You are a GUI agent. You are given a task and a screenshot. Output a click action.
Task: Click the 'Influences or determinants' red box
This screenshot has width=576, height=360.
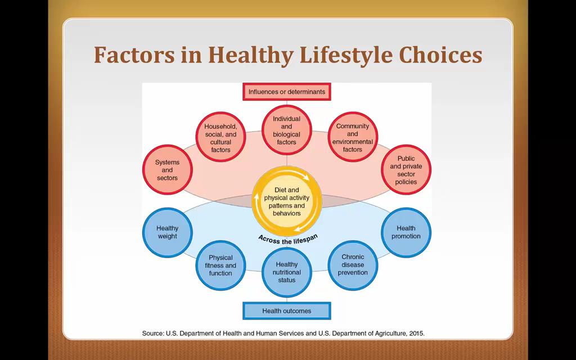click(286, 92)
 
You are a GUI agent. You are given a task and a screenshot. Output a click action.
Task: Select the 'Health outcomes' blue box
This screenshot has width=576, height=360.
click(286, 310)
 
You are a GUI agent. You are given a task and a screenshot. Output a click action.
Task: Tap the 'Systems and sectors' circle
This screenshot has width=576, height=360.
click(167, 170)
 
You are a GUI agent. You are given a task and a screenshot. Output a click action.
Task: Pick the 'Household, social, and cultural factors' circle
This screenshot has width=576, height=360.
click(220, 137)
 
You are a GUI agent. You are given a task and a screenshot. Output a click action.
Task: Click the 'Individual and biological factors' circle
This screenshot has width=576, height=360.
click(286, 130)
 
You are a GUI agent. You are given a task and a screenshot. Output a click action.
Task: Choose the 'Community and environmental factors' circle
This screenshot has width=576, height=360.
click(353, 137)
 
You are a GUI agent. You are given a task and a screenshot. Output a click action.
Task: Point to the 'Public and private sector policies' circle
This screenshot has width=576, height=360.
click(406, 170)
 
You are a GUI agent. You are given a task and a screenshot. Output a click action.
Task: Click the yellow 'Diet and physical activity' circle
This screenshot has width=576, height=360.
click(286, 201)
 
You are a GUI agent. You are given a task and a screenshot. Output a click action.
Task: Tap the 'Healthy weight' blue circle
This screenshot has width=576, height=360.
click(167, 232)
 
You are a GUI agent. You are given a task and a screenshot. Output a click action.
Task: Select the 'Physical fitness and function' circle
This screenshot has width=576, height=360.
click(220, 265)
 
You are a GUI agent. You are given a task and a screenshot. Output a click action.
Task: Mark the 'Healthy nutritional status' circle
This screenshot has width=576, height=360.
click(286, 272)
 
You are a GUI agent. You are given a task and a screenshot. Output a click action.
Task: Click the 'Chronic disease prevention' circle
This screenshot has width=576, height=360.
click(353, 265)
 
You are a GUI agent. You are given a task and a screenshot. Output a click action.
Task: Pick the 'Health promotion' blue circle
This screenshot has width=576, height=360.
click(406, 232)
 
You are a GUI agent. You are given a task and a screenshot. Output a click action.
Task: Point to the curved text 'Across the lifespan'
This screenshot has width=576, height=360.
click(288, 240)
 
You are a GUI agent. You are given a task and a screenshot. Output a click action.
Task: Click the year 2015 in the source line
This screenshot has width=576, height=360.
click(417, 334)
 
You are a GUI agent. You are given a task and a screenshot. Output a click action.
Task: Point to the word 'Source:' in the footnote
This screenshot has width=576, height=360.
click(153, 334)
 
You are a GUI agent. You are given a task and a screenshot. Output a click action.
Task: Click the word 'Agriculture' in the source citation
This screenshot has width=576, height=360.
click(390, 334)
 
